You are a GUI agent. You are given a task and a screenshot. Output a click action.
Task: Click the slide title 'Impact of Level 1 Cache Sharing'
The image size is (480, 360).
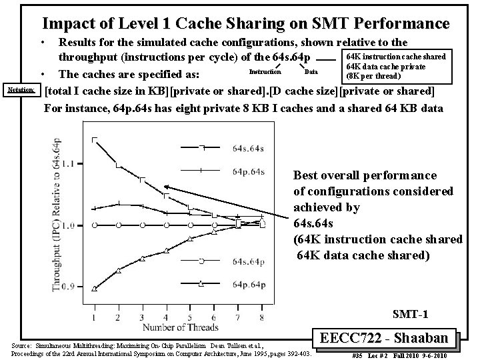point(245,24)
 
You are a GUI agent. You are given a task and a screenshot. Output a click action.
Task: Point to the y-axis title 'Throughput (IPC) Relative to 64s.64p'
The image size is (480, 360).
point(58,213)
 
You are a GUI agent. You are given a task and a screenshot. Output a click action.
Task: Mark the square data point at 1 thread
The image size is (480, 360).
point(95,139)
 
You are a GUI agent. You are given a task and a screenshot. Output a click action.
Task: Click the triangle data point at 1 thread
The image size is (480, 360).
point(95,289)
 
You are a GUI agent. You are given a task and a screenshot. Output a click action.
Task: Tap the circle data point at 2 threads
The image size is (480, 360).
point(119,225)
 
